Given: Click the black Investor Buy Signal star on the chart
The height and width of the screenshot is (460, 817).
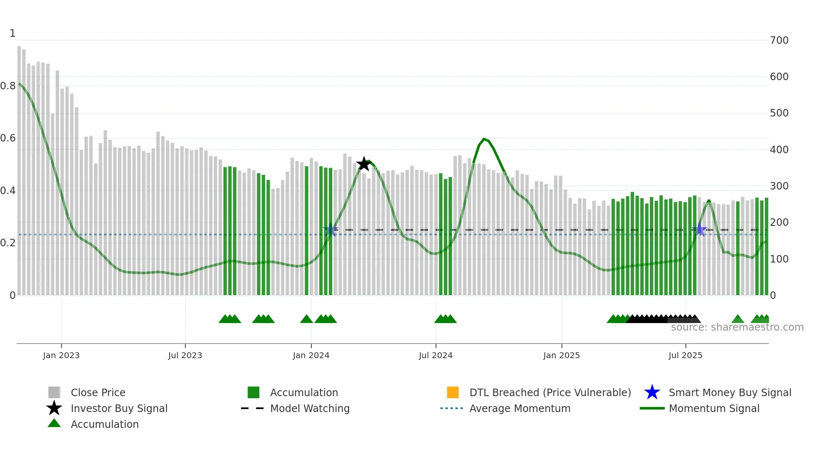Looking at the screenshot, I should point(364,164).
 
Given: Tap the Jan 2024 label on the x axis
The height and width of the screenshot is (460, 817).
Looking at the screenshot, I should point(311,355).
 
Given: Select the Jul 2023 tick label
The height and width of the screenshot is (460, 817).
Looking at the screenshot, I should point(185,355).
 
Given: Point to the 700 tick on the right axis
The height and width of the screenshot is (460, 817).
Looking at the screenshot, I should point(779,40).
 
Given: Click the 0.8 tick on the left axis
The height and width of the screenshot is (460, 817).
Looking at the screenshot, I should point(8,86).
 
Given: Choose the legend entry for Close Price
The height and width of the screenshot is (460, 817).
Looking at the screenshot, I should point(98,392).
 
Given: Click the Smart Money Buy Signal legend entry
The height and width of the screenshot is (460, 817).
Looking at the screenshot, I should point(729,392).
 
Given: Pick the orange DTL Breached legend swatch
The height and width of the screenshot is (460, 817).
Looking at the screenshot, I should point(453,392).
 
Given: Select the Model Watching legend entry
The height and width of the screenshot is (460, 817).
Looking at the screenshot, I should point(309,408).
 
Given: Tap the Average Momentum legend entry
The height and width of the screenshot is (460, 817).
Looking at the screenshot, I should point(519,408).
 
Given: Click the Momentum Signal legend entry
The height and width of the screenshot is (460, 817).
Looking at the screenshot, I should point(714,408).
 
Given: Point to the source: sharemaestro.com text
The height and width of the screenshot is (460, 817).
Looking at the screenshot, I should point(737,327).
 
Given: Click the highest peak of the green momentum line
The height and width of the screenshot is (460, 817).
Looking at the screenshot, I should point(484,139).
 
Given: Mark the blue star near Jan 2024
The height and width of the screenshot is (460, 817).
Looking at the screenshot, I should point(331,230).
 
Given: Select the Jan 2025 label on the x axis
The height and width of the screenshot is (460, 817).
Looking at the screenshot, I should point(561,355).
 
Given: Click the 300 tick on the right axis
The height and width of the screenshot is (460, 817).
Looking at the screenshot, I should point(779,186).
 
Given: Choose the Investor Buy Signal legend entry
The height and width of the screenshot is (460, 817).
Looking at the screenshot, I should point(119,408).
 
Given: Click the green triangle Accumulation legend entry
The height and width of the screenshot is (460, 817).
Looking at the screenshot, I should point(104,424).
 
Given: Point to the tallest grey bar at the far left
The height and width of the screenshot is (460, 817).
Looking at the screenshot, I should point(19,167).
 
